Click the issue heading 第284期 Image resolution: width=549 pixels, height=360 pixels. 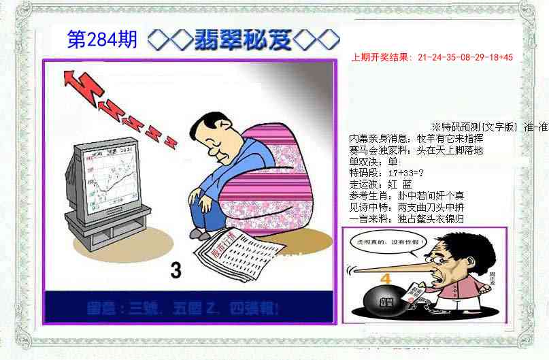point(102,40)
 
